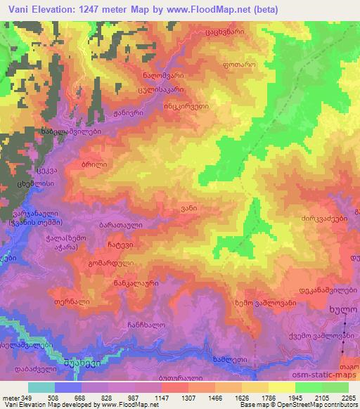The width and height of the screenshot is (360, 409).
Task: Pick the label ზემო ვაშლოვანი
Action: coord(265,302)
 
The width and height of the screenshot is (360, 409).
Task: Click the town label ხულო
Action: coord(342,309)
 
